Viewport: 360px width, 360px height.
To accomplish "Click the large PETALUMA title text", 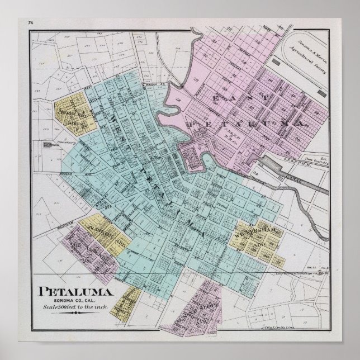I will [77, 291].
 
